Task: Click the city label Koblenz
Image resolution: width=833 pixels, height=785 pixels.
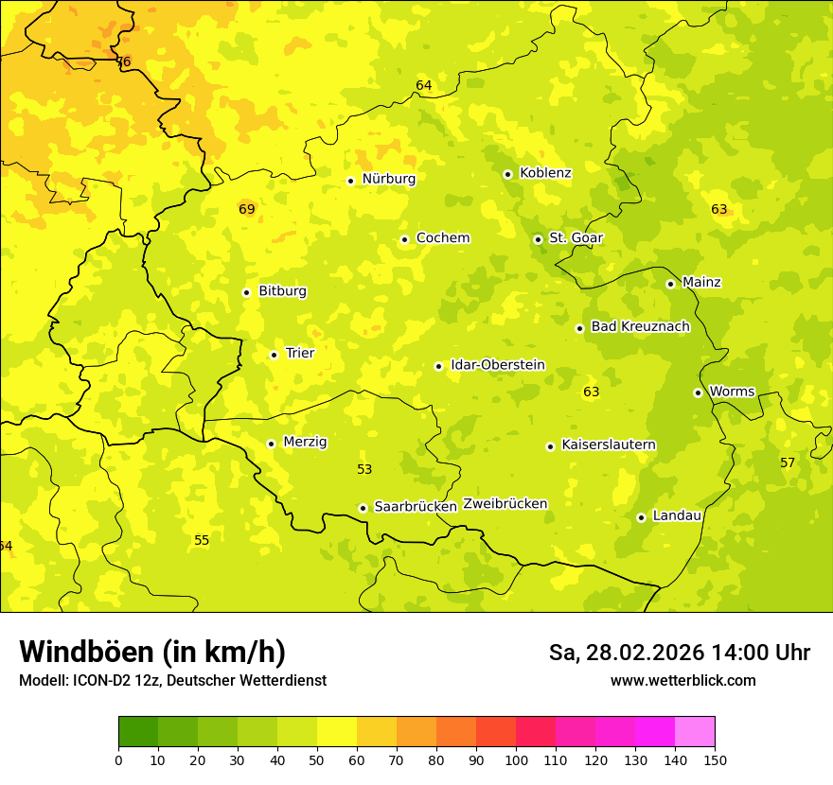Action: tap(545, 173)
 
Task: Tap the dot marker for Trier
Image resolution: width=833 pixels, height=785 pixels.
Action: tap(274, 355)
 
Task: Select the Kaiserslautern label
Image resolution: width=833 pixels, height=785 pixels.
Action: tap(609, 445)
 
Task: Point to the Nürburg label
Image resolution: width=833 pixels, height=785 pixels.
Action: tap(388, 179)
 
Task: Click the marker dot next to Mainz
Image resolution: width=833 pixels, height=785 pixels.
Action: tap(670, 284)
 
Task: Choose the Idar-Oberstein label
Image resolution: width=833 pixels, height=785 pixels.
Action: tap(498, 364)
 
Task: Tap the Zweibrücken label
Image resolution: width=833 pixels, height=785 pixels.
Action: tap(505, 504)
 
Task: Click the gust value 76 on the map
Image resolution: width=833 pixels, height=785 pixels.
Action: tap(123, 61)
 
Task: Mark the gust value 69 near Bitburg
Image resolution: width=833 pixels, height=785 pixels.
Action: tap(247, 209)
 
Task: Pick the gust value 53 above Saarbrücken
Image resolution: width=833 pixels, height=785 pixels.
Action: tap(364, 469)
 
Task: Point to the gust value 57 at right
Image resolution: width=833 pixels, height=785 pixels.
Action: tap(788, 462)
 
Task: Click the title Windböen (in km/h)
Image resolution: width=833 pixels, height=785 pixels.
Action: tap(152, 652)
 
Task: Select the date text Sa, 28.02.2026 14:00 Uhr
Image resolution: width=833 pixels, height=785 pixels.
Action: tap(679, 653)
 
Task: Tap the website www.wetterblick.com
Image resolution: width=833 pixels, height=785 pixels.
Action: tap(682, 680)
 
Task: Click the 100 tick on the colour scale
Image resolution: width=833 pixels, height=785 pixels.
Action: tap(516, 759)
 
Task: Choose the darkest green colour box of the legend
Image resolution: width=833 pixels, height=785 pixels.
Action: tap(138, 732)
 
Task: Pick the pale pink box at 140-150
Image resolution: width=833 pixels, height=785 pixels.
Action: tap(695, 732)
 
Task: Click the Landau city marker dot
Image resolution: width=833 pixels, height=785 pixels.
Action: tap(641, 517)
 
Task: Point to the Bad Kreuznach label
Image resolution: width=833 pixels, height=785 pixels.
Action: tap(640, 326)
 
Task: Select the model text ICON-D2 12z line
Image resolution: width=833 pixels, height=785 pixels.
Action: tap(172, 680)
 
